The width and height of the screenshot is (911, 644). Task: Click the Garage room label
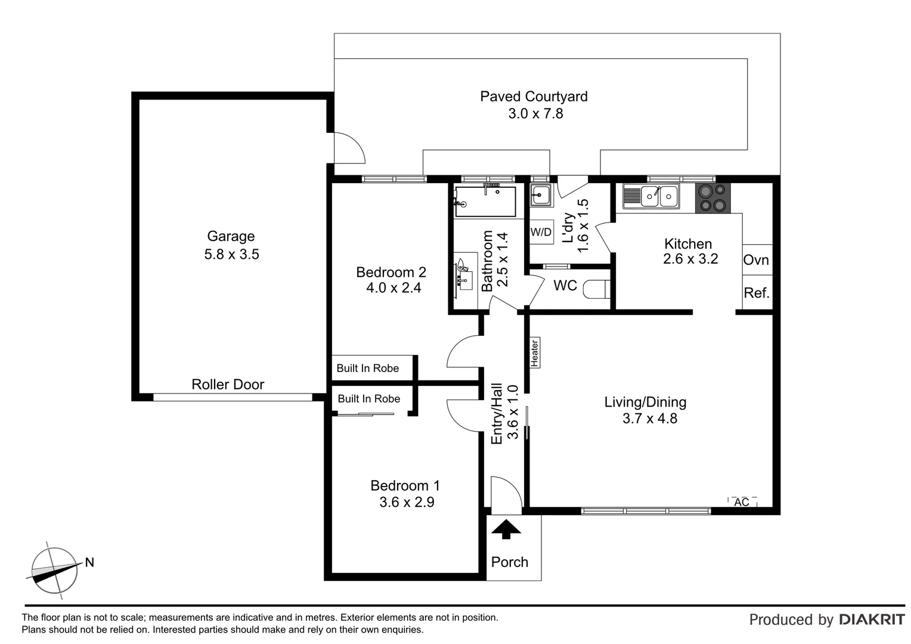pyautogui.click(x=231, y=237)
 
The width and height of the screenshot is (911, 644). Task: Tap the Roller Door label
pyautogui.click(x=227, y=385)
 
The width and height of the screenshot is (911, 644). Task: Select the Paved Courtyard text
pyautogui.click(x=534, y=97)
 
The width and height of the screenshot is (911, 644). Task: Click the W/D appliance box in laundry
pyautogui.click(x=541, y=232)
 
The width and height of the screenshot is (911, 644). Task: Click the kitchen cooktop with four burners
pyautogui.click(x=712, y=198)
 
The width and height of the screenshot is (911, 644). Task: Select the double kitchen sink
pyautogui.click(x=650, y=196)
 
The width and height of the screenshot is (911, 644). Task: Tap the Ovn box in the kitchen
pyautogui.click(x=756, y=261)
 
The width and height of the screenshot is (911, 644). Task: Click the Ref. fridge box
pyautogui.click(x=757, y=293)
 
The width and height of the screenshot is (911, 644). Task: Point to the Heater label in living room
pyautogui.click(x=534, y=352)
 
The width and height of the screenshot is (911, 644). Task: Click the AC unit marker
pyautogui.click(x=742, y=502)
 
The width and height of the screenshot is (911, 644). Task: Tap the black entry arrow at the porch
pyautogui.click(x=506, y=530)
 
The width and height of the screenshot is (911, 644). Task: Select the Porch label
pyautogui.click(x=509, y=562)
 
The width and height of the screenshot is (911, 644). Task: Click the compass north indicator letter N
pyautogui.click(x=89, y=562)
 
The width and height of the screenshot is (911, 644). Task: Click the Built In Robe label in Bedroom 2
pyautogui.click(x=367, y=369)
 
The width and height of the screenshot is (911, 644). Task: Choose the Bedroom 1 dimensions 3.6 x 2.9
pyautogui.click(x=407, y=503)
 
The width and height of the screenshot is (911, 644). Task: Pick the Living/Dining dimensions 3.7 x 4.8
pyautogui.click(x=649, y=419)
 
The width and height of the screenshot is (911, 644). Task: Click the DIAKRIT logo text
pyautogui.click(x=871, y=620)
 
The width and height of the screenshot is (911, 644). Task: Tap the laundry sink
pyautogui.click(x=541, y=194)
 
